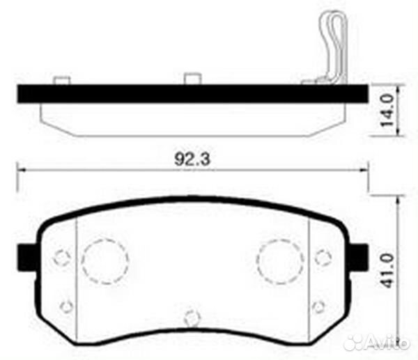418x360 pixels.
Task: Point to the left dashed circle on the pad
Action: point(104,261)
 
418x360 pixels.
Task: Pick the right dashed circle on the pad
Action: point(279,261)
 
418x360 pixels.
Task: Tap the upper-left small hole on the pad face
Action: point(62,258)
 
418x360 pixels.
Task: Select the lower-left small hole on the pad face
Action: point(66,306)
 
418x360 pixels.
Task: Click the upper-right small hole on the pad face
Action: point(322,258)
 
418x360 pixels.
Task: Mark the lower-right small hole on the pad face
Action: point(318,306)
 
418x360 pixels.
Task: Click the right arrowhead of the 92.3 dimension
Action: point(363,169)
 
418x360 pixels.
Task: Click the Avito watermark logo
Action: point(377,342)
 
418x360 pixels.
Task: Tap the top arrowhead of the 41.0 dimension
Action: point(398,198)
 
